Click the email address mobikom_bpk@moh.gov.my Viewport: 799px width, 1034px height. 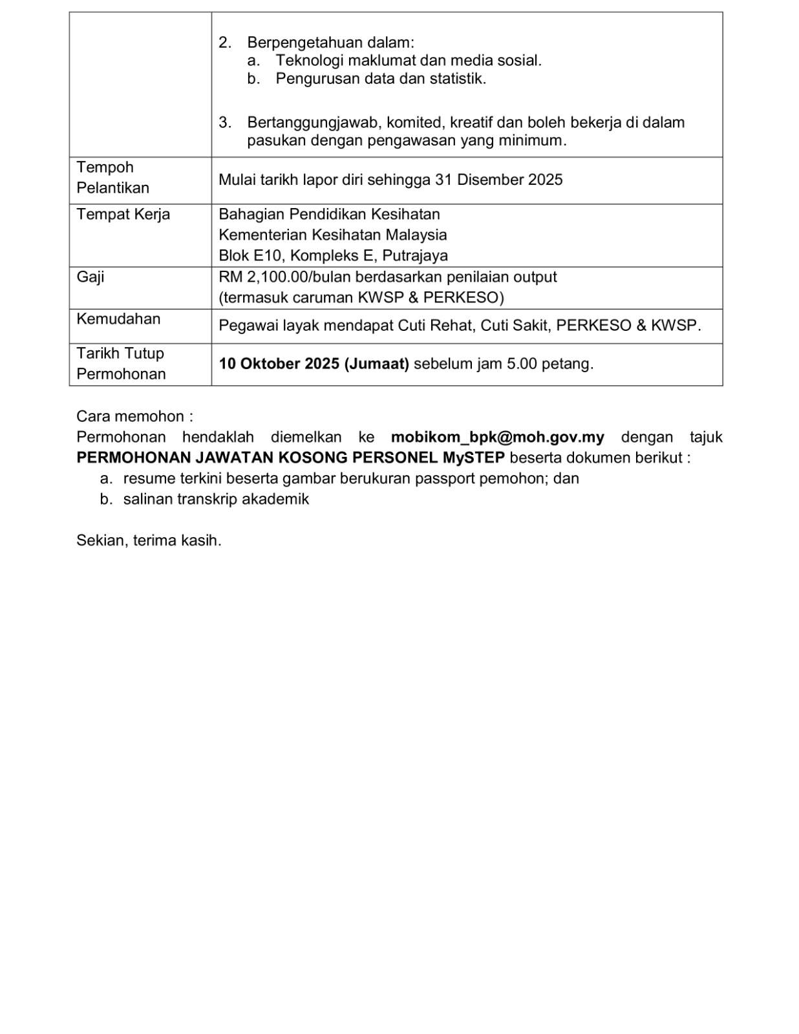pos(497,438)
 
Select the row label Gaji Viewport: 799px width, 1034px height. pos(91,277)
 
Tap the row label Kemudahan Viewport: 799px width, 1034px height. pos(118,319)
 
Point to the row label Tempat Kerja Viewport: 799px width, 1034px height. pos(123,215)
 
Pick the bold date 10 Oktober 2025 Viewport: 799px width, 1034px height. pos(279,364)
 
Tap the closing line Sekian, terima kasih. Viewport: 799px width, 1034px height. pos(149,540)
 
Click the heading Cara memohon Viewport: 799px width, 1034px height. pos(134,416)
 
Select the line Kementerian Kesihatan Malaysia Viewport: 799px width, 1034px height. pos(332,235)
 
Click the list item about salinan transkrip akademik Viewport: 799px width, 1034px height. pos(216,500)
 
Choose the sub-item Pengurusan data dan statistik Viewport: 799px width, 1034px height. pos(381,79)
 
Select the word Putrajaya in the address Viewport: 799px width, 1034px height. pos(415,256)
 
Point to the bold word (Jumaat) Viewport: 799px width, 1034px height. pos(377,364)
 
